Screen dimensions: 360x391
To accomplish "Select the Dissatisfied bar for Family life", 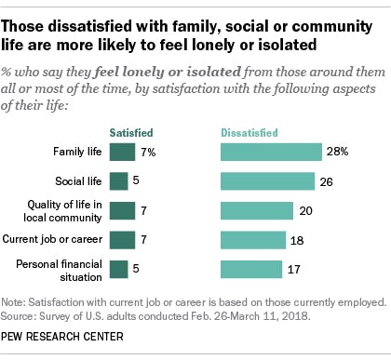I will click(x=271, y=152).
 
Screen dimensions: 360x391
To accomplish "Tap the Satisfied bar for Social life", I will click(x=118, y=181).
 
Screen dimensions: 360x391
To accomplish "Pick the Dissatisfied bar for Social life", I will click(x=267, y=181).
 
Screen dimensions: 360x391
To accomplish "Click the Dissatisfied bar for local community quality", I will click(x=257, y=211).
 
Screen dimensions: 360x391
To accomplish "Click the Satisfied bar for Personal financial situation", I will click(x=118, y=270).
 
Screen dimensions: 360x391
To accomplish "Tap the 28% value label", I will click(x=336, y=152).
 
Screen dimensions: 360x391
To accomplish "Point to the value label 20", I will click(x=305, y=211).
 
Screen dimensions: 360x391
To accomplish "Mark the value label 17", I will click(x=294, y=270).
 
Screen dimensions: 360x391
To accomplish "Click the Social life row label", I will click(x=77, y=181).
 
